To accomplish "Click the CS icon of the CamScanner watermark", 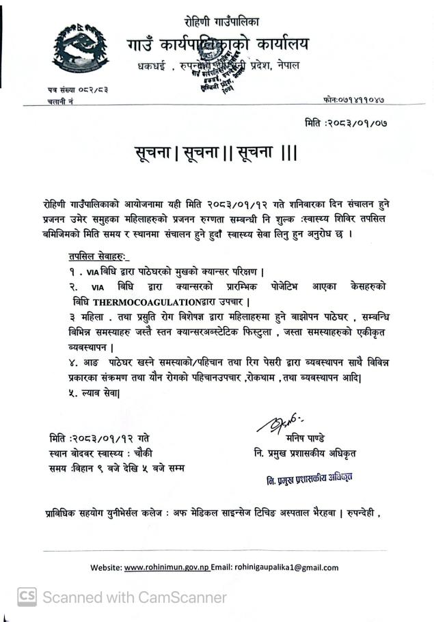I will [27, 597].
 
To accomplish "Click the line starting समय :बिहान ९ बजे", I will [116, 468].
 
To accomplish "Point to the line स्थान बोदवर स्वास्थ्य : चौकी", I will [102, 453].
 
